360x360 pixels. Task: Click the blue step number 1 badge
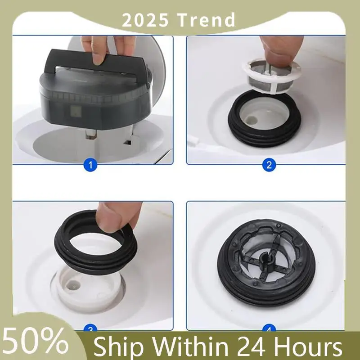coord(90,166)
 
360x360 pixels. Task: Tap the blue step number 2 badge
coord(269,165)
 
